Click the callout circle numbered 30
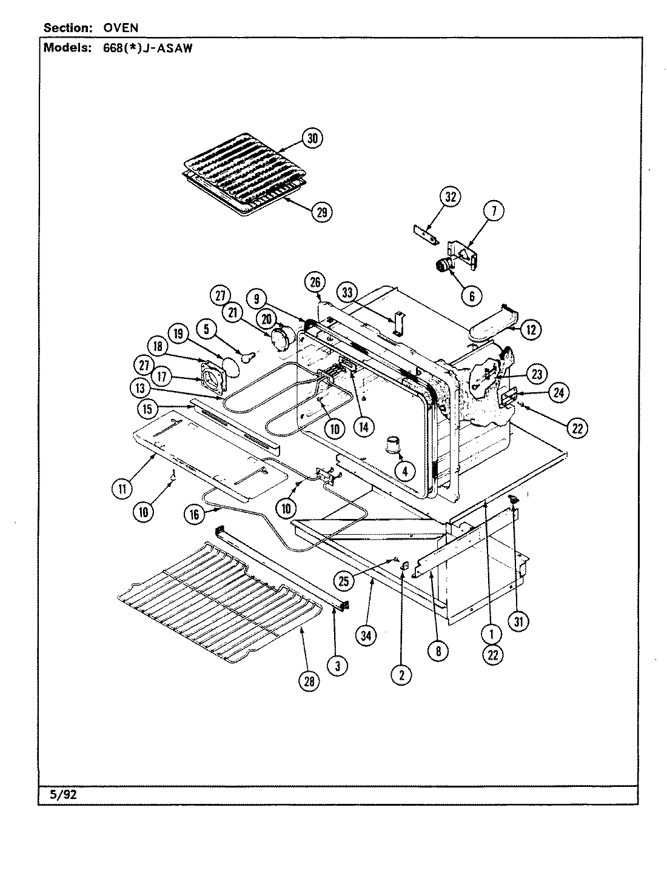click(x=312, y=139)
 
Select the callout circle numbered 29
click(x=321, y=212)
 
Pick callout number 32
click(x=451, y=197)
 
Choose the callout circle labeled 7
click(x=494, y=211)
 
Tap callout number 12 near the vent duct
click(x=531, y=330)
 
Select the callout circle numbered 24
click(x=558, y=393)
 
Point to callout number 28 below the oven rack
click(x=309, y=682)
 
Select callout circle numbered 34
click(x=366, y=636)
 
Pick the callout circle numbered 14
click(x=363, y=427)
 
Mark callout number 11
click(x=122, y=487)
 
